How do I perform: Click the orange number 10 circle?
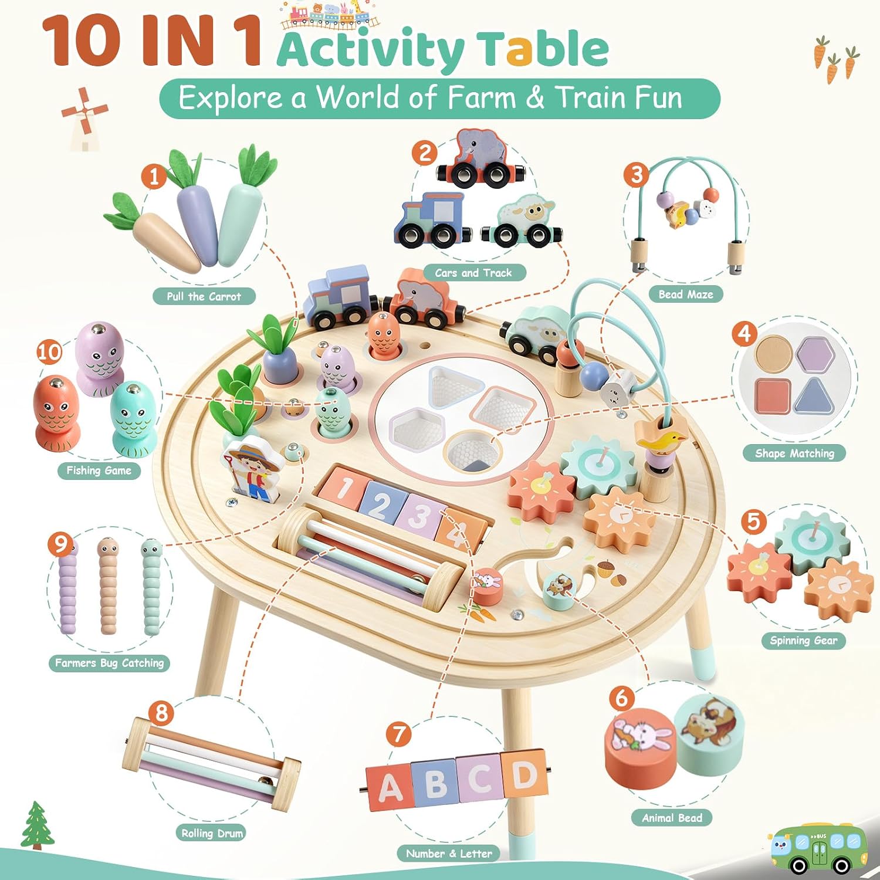click(x=49, y=351)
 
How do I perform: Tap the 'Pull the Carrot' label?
click(x=204, y=296)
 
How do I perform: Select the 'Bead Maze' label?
click(x=686, y=294)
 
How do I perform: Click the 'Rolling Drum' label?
click(x=212, y=832)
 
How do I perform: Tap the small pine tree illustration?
click(x=37, y=825)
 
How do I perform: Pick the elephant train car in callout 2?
click(x=480, y=158)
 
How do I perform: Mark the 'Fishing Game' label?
click(x=99, y=471)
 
